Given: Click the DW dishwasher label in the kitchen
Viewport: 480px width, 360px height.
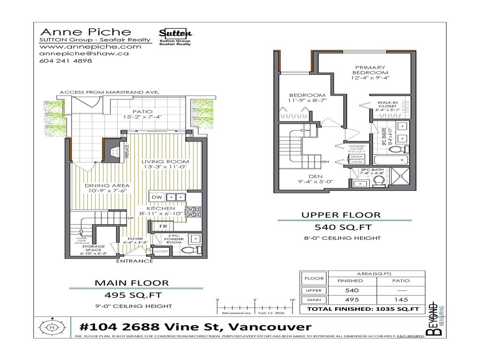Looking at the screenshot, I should [x=156, y=197].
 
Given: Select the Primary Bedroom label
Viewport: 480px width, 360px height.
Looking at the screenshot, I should [x=370, y=70].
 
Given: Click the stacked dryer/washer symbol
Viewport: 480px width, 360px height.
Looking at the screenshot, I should [x=356, y=159].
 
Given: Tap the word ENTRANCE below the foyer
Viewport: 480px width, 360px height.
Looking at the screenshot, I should [x=135, y=261].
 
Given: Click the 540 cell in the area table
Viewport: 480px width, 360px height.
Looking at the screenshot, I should [x=352, y=290].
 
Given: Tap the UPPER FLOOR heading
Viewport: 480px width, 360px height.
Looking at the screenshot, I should [x=341, y=215].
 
